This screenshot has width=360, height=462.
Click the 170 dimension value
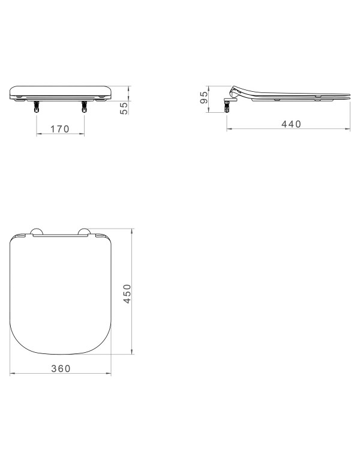click(x=60, y=128)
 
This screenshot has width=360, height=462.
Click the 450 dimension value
click(x=127, y=293)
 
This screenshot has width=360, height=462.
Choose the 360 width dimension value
click(x=60, y=368)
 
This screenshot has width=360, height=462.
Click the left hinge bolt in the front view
click(x=37, y=106)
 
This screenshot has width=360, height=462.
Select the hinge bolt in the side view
click(x=228, y=107)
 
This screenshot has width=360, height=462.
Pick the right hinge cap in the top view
click(x=83, y=231)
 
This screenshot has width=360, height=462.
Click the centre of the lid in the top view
click(x=60, y=294)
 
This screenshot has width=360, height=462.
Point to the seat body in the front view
click(x=60, y=91)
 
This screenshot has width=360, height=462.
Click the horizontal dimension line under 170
click(x=60, y=135)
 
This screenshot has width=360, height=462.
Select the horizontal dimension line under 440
click(x=288, y=129)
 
